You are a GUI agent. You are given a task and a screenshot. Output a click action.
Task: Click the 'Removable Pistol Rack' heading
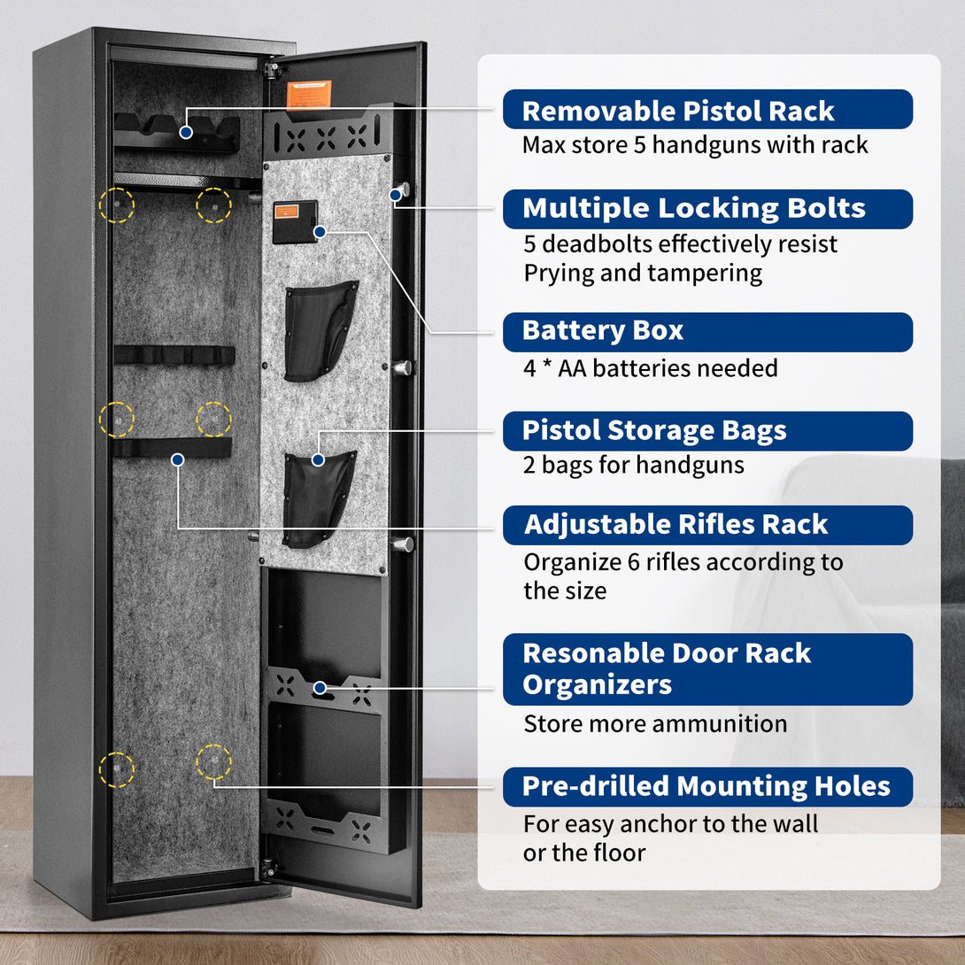(x=677, y=112)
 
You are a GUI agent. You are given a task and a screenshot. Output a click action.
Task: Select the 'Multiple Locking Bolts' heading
(x=693, y=209)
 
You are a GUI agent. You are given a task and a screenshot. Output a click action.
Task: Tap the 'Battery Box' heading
(x=603, y=330)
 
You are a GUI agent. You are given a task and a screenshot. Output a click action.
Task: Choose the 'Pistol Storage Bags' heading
(x=654, y=430)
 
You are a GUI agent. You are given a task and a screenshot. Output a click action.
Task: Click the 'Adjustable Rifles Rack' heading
(x=675, y=524)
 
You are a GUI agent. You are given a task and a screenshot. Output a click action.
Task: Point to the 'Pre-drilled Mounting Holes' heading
(x=706, y=786)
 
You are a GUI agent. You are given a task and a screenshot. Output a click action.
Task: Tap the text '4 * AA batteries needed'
(x=651, y=368)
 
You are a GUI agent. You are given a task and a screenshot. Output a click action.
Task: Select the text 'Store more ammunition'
(x=655, y=724)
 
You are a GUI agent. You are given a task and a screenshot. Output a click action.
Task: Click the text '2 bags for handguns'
(x=633, y=466)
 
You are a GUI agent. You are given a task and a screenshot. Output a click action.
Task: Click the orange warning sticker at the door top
(x=309, y=94)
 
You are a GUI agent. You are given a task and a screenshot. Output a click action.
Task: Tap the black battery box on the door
(x=295, y=221)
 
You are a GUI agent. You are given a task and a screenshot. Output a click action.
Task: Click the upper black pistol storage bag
(x=320, y=330)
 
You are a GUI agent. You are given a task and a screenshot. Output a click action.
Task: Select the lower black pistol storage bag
(x=318, y=499)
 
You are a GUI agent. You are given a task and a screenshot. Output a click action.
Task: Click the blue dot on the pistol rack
(x=186, y=132)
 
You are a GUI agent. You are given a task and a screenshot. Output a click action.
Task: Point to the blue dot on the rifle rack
(x=178, y=459)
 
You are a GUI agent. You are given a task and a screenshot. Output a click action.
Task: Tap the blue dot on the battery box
(x=320, y=232)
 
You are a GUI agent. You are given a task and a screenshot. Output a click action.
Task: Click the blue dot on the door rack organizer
(x=320, y=687)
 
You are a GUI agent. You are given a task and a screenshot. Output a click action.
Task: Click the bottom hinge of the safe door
(x=268, y=868)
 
